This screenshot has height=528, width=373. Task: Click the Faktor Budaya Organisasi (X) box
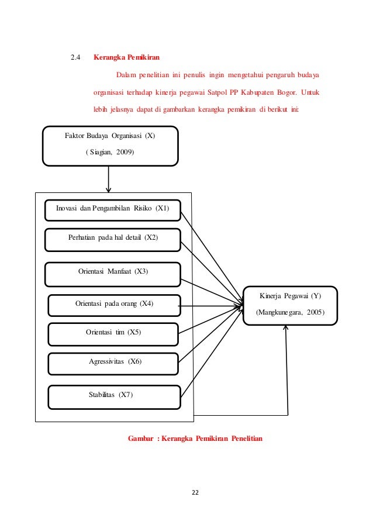[x=110, y=145]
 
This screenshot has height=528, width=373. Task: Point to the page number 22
[x=195, y=492]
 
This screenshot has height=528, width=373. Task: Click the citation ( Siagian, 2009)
[x=110, y=153]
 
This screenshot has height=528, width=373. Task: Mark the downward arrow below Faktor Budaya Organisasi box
[x=108, y=179]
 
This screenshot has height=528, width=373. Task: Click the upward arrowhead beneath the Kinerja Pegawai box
[x=286, y=329]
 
